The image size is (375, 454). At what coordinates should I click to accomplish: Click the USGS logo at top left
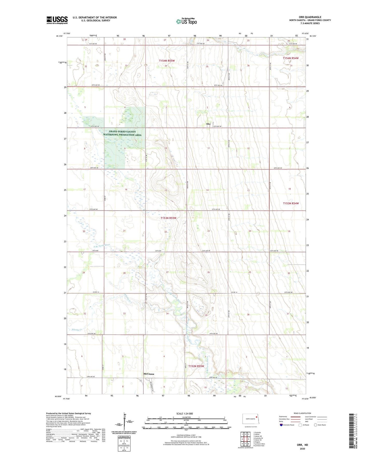[57, 20]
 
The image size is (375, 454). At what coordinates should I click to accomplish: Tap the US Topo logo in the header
[186, 21]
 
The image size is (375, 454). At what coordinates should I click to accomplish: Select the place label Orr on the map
[208, 124]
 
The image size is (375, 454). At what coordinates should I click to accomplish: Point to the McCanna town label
[149, 374]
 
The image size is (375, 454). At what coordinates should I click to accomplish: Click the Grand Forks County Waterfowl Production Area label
[122, 133]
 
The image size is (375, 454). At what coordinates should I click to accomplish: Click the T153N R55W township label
[168, 218]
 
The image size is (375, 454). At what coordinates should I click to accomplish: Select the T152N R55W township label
[196, 366]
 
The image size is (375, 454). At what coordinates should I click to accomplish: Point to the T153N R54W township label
[291, 203]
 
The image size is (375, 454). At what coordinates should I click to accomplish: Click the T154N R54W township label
[291, 58]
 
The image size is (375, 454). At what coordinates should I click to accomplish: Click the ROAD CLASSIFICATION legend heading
[302, 413]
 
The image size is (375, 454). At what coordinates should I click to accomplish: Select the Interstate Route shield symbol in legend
[281, 425]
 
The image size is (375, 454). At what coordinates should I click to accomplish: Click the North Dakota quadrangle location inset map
[250, 419]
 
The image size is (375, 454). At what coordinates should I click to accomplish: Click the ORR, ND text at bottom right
[302, 445]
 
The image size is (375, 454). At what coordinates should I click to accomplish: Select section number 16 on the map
[126, 190]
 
